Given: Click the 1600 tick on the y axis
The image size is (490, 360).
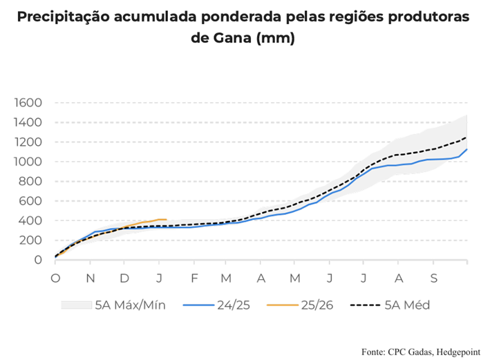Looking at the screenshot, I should pyautogui.click(x=28, y=103).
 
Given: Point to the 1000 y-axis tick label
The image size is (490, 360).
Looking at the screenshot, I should pyautogui.click(x=28, y=162).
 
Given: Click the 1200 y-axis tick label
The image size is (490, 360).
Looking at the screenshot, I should pyautogui.click(x=28, y=142).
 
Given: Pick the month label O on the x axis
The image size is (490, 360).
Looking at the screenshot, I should pyautogui.click(x=56, y=277).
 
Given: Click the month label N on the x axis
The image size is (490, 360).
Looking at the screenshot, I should pyautogui.click(x=91, y=277).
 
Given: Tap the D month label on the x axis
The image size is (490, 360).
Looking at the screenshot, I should pyautogui.click(x=124, y=277).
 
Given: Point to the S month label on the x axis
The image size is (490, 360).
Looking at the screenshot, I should pyautogui.click(x=434, y=277).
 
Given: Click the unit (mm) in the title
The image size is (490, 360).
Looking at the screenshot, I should pyautogui.click(x=276, y=39).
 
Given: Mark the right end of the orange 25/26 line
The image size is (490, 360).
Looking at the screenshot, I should pyautogui.click(x=167, y=220).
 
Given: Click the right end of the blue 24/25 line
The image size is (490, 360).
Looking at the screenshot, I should pyautogui.click(x=467, y=149).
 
